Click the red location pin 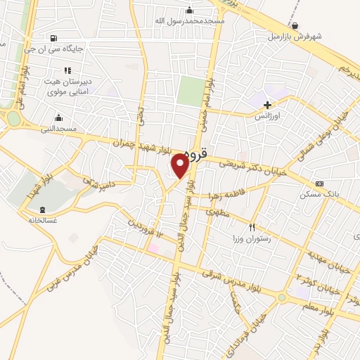coord(180,165)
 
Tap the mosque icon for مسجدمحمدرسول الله coord(189,10)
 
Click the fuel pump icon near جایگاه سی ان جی coord(54,38)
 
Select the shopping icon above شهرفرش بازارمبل coord(294,25)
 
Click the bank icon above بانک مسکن coord(320,184)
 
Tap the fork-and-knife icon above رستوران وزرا coord(252,227)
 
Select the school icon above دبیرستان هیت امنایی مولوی coord(67,70)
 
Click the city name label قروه coord(196,151)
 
